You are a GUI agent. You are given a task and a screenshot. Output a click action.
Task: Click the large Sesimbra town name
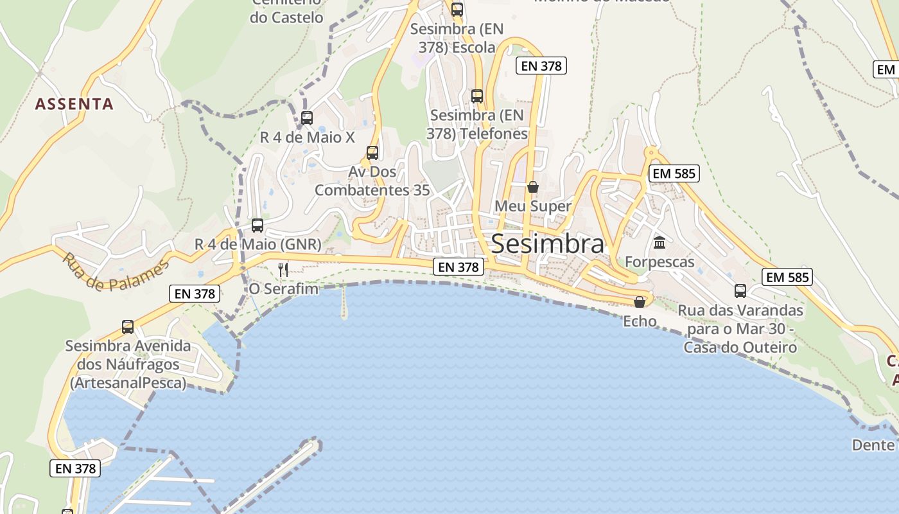[x=548, y=244]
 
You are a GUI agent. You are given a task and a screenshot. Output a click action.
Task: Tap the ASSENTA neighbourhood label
[x=74, y=103]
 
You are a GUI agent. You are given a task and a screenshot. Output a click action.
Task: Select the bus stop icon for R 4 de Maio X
[x=307, y=118]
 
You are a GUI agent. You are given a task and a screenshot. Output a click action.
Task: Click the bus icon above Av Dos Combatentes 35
[x=372, y=153]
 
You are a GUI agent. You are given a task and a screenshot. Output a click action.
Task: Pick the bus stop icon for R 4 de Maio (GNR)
[x=257, y=226]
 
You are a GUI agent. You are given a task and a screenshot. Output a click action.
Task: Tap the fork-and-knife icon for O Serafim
[x=283, y=269]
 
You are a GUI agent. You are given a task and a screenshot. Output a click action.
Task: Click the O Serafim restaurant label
[x=284, y=289]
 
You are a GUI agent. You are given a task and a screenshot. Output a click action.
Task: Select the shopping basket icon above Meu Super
[x=533, y=187]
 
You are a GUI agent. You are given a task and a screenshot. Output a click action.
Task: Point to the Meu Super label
[x=533, y=206]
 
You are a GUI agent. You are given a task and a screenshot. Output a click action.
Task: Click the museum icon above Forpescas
[x=659, y=243]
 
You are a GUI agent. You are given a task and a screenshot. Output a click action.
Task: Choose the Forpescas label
[x=659, y=262]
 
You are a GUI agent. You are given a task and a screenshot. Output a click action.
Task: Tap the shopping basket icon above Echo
[x=640, y=302]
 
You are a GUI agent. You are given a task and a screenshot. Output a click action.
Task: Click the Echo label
[x=640, y=321]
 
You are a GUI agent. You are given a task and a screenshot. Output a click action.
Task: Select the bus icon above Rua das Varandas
[x=740, y=291]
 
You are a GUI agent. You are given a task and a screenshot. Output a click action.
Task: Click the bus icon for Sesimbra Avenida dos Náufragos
[x=128, y=327]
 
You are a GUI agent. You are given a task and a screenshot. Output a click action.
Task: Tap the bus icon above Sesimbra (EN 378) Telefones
[x=477, y=96]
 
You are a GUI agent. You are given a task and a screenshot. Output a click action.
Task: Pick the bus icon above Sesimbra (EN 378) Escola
[x=457, y=10]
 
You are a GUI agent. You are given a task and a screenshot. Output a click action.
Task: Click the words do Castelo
[x=286, y=17]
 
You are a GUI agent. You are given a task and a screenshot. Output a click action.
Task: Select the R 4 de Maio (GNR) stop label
[x=257, y=245]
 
